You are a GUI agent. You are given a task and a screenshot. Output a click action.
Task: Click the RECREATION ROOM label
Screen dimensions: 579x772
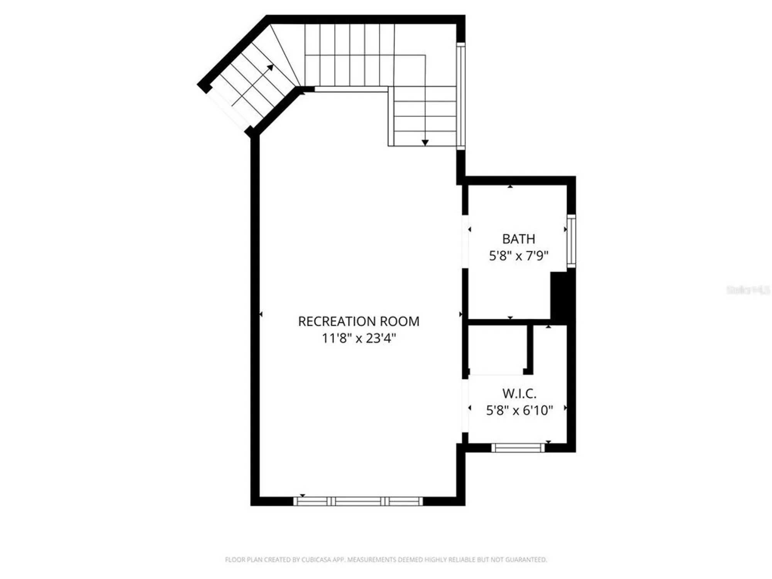coord(359,321)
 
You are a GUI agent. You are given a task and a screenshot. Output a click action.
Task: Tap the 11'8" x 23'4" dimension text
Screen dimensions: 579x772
coord(359,339)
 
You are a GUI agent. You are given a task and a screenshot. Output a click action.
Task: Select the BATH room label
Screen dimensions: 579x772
coord(518,239)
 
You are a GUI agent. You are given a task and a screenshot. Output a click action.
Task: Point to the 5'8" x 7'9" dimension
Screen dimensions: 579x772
coord(518,256)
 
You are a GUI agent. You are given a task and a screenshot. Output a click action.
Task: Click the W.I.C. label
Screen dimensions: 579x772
coord(519,393)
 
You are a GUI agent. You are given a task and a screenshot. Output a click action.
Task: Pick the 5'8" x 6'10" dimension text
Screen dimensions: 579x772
coord(519,410)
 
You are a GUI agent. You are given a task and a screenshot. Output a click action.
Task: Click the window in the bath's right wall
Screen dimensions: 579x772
coord(571,241)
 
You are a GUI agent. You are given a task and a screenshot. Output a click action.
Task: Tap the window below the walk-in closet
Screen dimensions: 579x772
coord(518,448)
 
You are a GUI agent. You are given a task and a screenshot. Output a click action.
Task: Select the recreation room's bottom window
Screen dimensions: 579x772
coord(358,501)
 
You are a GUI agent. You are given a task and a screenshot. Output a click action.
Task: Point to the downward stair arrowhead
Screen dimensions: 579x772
coord(425,143)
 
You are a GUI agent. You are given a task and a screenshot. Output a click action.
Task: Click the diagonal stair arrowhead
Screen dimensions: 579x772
coord(270,68)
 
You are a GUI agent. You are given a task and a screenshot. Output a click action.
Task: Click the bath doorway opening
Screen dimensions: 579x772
coord(466,241)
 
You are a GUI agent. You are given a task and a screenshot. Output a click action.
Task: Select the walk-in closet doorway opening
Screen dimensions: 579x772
coord(466,405)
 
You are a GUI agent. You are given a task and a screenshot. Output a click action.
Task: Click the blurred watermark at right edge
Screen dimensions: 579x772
coord(748,290)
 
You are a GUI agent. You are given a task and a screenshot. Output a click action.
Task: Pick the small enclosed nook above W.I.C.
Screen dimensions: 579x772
coord(498,350)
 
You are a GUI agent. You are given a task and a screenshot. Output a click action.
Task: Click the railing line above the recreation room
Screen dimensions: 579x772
coord(351,90)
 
